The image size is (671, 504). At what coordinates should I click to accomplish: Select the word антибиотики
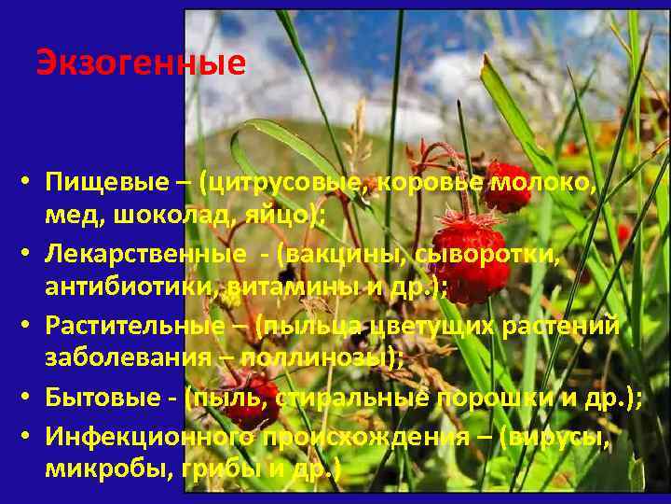pos(130,288)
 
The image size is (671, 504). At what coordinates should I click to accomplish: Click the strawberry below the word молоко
pos(509,192)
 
